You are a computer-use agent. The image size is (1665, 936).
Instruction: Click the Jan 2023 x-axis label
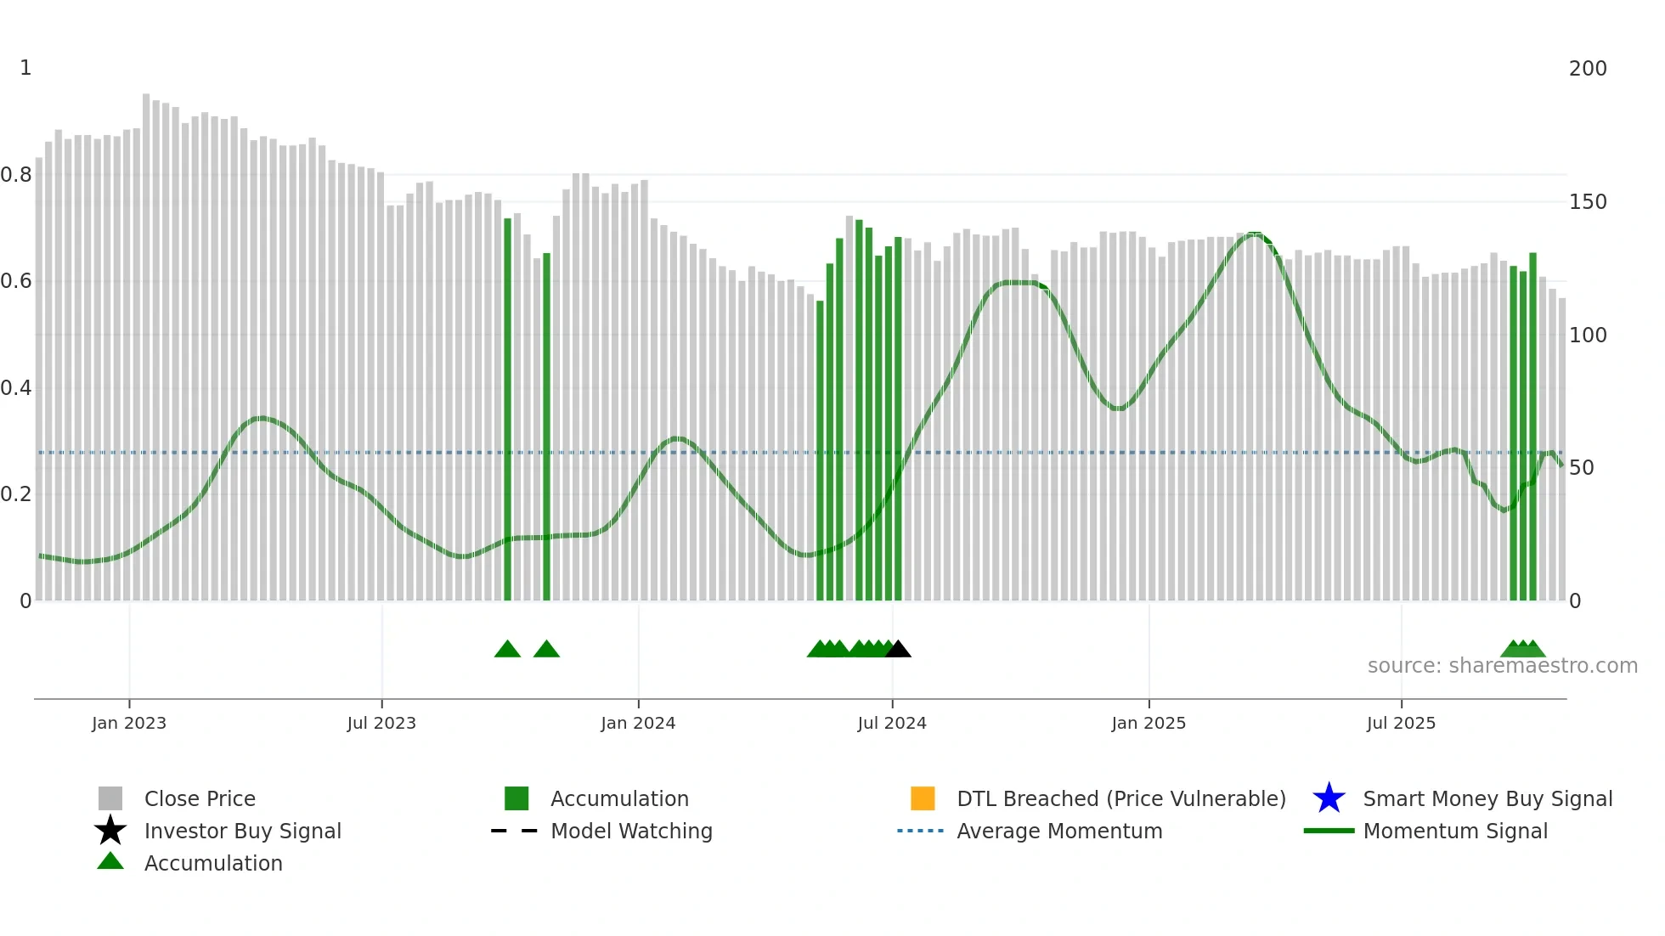129,723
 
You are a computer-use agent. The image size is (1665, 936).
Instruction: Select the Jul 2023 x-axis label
381,723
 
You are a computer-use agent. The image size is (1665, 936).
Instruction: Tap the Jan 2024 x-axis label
638,723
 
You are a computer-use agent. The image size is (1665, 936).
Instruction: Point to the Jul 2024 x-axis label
892,723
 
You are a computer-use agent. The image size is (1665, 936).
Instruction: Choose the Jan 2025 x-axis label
1149,723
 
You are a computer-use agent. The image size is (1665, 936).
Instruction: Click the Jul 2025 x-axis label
1401,723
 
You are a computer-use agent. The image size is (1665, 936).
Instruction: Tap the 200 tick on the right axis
1588,69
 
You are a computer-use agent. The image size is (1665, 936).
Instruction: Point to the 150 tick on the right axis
1588,202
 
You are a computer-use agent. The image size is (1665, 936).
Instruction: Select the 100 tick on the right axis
1588,335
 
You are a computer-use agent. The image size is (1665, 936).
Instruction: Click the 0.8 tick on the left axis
16,175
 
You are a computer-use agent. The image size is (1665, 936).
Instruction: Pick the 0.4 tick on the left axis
16,388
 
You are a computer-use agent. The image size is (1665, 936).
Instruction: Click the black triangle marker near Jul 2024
898,650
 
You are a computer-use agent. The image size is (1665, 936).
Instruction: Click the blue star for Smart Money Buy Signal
1329,798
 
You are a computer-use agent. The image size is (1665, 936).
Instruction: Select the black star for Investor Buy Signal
110,831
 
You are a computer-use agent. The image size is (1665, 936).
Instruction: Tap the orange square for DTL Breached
923,798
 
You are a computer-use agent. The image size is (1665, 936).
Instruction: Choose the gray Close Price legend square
110,798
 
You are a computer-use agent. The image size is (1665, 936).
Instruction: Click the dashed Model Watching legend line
515,831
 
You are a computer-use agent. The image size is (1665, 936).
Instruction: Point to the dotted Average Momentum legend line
921,831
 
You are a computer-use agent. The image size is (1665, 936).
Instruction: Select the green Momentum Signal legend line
1329,831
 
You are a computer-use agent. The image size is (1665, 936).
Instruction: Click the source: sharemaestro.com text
1502,666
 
